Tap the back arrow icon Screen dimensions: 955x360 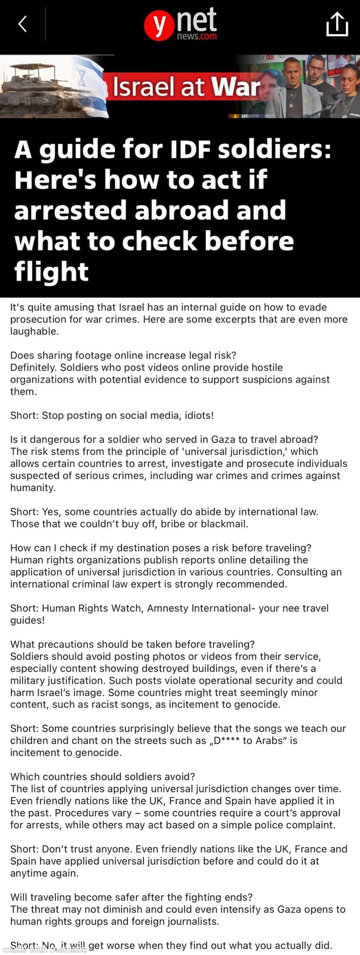click(x=22, y=24)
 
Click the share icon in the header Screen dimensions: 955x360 click(x=337, y=24)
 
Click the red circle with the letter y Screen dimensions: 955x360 click(x=158, y=26)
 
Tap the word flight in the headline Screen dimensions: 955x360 click(x=51, y=271)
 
